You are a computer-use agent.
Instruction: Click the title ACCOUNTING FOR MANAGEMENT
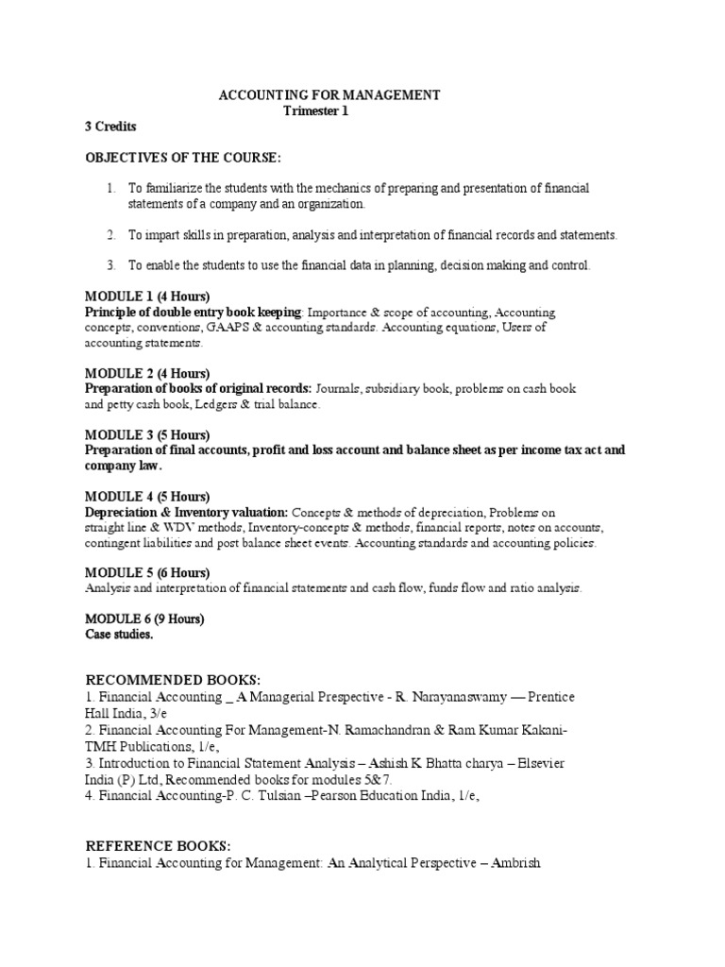(329, 95)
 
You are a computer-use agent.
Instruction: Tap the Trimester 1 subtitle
(322, 110)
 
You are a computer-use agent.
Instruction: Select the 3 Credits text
(111, 126)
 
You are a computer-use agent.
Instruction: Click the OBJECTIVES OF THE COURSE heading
(183, 156)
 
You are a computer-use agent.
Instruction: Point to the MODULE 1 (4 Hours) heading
(147, 297)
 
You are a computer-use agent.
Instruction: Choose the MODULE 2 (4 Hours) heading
(147, 373)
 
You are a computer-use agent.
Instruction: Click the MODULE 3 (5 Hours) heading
(147, 434)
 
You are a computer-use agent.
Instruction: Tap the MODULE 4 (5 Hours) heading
(147, 497)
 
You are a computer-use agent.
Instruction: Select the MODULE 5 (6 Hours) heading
(147, 572)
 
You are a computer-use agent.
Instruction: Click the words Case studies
(119, 635)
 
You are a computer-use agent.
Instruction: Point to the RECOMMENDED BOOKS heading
(173, 680)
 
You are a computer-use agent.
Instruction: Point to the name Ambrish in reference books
(515, 863)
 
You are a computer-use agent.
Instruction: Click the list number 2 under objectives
(110, 234)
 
